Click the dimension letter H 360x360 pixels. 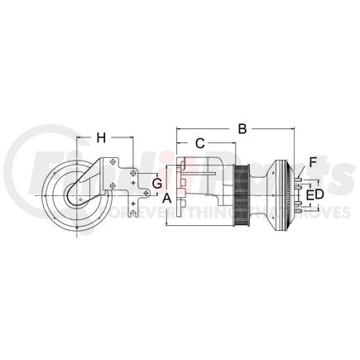pyautogui.click(x=103, y=137)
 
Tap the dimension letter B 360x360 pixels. pyautogui.click(x=242, y=129)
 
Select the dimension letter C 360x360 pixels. pyautogui.click(x=199, y=144)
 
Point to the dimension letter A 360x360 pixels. pyautogui.click(x=166, y=198)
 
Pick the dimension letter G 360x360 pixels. pyautogui.click(x=156, y=181)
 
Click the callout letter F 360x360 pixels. pyautogui.click(x=313, y=162)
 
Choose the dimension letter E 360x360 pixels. pyautogui.click(x=310, y=194)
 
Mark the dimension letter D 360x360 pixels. pyautogui.click(x=320, y=194)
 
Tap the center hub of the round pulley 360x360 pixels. pyautogui.click(x=75, y=197)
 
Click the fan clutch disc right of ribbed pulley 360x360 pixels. pyautogui.click(x=290, y=196)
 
